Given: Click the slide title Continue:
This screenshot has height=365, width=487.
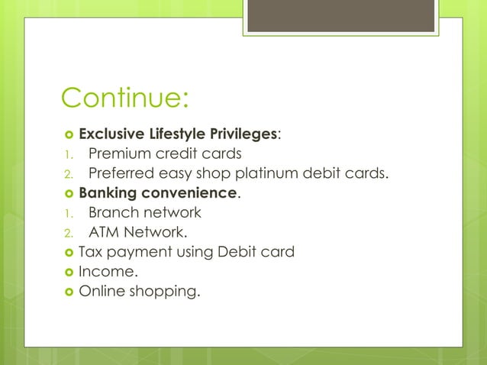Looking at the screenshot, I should pyautogui.click(x=124, y=98).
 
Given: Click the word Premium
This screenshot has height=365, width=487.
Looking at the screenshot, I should pyautogui.click(x=119, y=153).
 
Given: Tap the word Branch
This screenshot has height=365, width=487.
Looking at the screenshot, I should pyautogui.click(x=112, y=212).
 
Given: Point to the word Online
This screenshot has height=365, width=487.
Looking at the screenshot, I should pyautogui.click(x=102, y=290).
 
